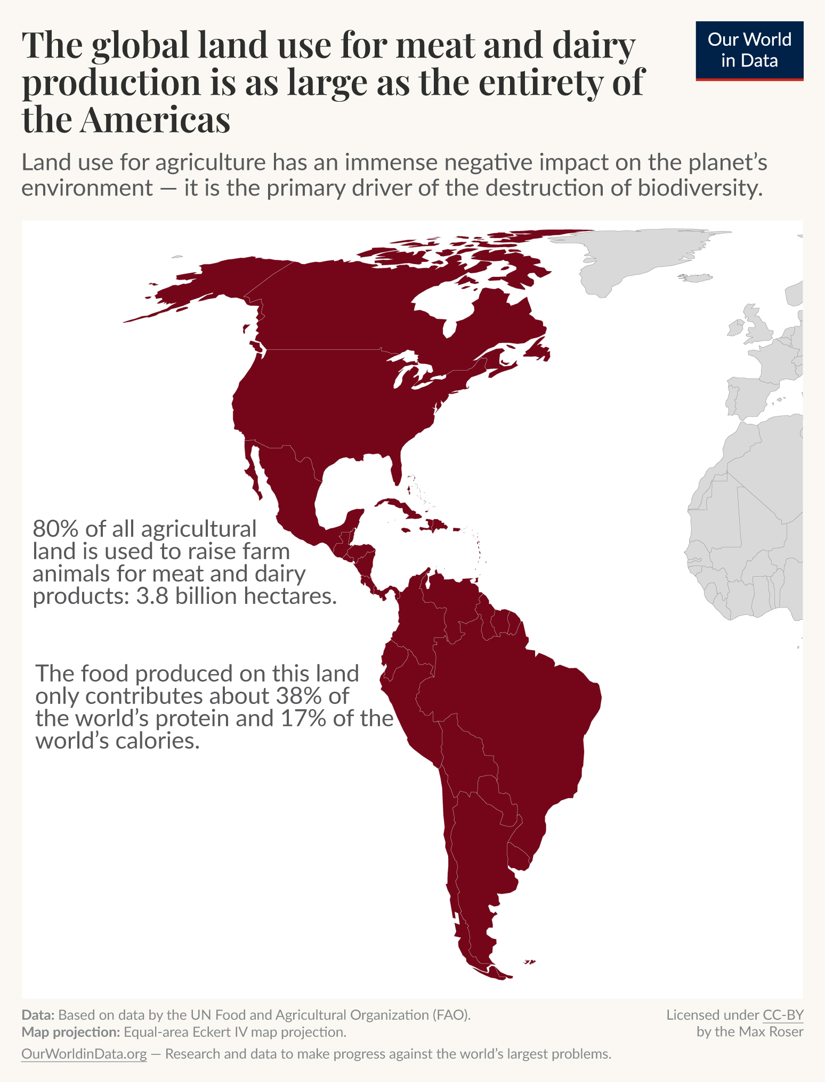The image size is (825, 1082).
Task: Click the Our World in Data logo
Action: [749, 51]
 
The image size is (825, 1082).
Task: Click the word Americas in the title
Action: [156, 120]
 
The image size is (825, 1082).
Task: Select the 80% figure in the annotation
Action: [56, 529]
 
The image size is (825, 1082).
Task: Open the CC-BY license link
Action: [783, 1015]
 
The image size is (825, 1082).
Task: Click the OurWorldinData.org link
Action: [84, 1054]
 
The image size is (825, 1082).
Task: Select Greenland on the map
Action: [640, 256]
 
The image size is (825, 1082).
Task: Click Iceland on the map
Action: [696, 278]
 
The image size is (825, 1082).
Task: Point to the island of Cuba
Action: [400, 506]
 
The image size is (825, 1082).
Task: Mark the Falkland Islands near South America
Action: [529, 962]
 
